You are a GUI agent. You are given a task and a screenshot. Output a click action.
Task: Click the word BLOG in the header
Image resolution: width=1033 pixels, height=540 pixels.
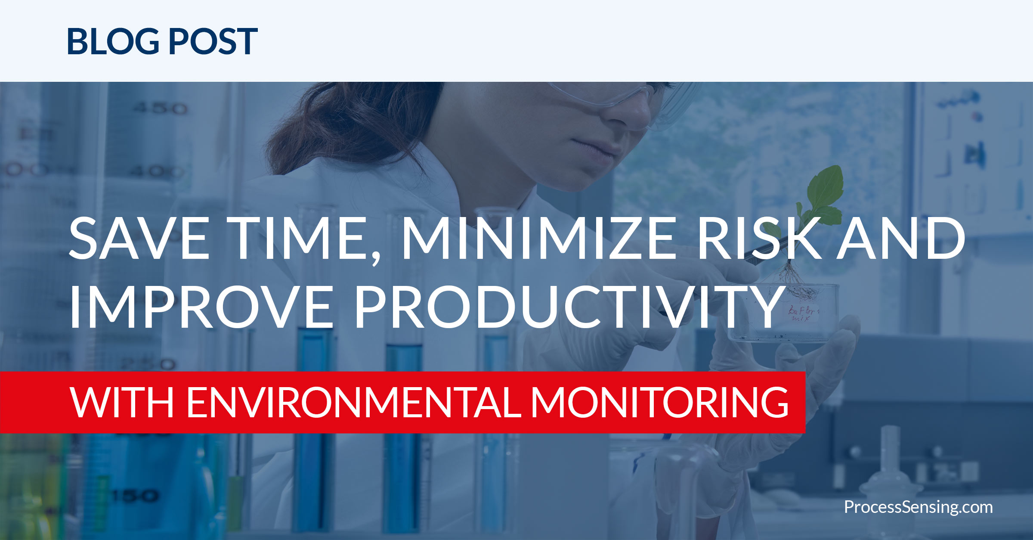113,41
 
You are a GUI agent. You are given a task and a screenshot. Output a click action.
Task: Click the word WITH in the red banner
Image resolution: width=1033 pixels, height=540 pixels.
122,402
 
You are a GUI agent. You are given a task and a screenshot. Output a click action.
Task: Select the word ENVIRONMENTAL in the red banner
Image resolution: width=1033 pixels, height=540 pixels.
354,402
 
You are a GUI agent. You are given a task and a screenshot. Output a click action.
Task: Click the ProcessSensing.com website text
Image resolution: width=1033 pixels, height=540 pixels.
918,507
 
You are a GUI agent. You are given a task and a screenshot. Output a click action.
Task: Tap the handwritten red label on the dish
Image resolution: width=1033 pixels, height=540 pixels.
803,313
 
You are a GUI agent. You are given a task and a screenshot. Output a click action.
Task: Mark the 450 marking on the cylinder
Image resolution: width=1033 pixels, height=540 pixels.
159,108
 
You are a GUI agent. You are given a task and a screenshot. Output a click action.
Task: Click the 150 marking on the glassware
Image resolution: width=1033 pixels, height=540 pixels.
136,496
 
